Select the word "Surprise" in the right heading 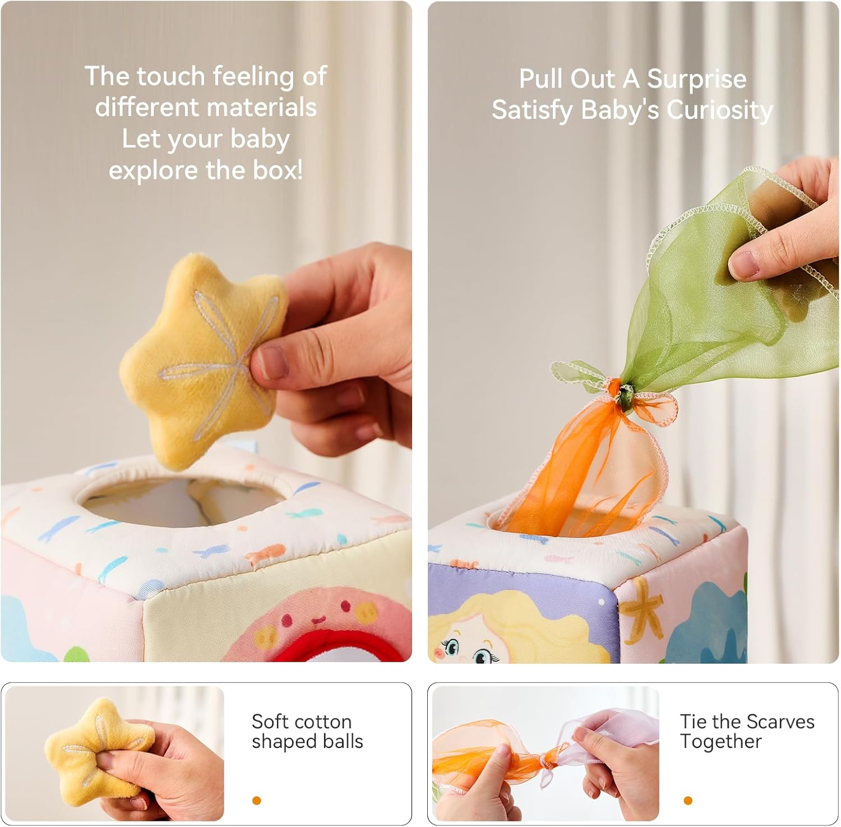[x=697, y=79]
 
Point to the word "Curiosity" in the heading [x=719, y=110]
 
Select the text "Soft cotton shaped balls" [x=307, y=731]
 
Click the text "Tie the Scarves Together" [x=746, y=731]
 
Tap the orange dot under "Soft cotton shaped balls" [x=257, y=801]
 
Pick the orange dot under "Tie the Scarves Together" [x=688, y=801]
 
